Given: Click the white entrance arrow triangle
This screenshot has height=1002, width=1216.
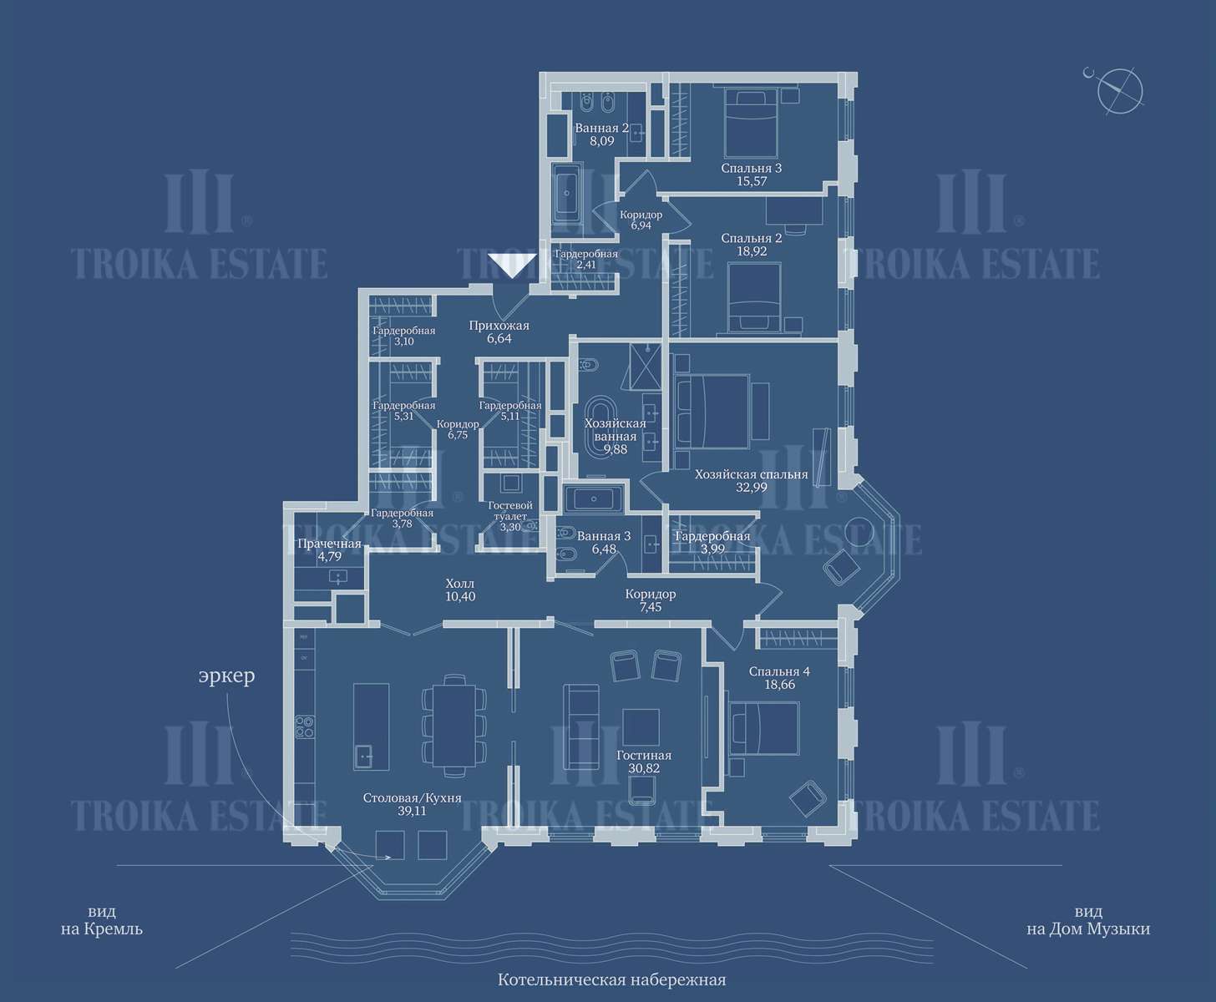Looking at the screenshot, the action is pyautogui.click(x=512, y=266).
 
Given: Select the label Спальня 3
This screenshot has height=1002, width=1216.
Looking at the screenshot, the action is pyautogui.click(x=752, y=169).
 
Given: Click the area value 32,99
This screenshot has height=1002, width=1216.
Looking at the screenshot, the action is pyautogui.click(x=752, y=488).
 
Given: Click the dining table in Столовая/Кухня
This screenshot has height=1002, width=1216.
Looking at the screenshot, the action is pyautogui.click(x=455, y=726).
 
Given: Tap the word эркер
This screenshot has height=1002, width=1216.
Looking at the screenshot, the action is pyautogui.click(x=226, y=676).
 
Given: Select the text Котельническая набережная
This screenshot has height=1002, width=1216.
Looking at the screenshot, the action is pyautogui.click(x=611, y=980).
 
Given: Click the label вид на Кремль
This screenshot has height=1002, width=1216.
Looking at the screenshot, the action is pyautogui.click(x=102, y=920).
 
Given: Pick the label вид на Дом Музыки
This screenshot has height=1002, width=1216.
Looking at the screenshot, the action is pyautogui.click(x=1088, y=920).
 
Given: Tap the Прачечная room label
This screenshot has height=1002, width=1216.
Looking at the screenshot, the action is pyautogui.click(x=329, y=544).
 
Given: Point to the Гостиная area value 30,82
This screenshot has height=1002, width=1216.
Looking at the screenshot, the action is pyautogui.click(x=644, y=768).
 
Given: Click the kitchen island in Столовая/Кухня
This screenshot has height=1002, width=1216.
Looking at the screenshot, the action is pyautogui.click(x=371, y=726).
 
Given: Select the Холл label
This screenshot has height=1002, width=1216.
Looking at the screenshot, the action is pyautogui.click(x=460, y=584).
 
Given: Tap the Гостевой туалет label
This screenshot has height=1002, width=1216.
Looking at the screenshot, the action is pyautogui.click(x=510, y=511).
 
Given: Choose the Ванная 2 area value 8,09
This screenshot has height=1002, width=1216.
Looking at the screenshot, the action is pyautogui.click(x=601, y=141).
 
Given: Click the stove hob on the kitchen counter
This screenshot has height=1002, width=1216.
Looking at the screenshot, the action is pyautogui.click(x=305, y=726).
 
